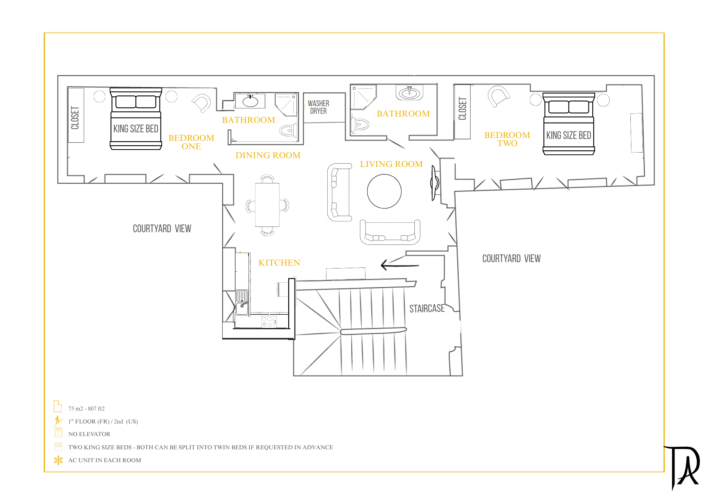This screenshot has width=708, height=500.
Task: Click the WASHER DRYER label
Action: click(x=318, y=107)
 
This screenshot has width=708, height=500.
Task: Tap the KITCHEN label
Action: click(x=279, y=263)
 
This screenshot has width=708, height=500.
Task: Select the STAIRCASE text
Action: click(x=427, y=308)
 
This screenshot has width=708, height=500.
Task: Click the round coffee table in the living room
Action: click(x=384, y=191)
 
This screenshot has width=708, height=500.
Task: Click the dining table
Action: click(x=267, y=205)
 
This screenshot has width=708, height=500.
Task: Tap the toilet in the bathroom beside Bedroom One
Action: click(x=289, y=130)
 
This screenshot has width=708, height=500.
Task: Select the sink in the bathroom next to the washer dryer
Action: click(x=409, y=93)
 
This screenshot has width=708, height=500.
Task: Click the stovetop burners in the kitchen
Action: click(x=267, y=322)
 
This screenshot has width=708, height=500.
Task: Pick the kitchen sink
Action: click(x=242, y=302)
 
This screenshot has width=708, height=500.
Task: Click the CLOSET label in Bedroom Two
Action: click(x=462, y=109)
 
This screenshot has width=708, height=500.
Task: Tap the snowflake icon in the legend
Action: click(x=58, y=460)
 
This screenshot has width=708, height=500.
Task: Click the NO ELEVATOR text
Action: click(x=89, y=434)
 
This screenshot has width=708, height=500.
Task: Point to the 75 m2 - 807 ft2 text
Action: click(x=86, y=409)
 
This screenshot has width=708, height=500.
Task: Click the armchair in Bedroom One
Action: click(x=202, y=103)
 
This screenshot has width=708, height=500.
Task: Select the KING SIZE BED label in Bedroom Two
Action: click(x=569, y=135)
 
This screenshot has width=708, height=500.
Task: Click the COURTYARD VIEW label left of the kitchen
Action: click(x=162, y=228)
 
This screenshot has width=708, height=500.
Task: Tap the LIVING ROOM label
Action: click(x=391, y=164)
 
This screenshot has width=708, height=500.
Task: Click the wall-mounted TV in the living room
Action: click(x=435, y=183)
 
